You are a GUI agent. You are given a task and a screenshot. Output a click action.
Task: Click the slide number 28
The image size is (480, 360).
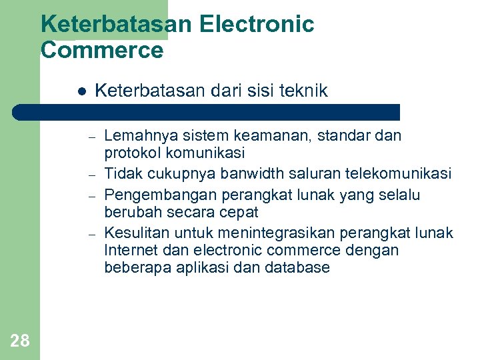point(20,341)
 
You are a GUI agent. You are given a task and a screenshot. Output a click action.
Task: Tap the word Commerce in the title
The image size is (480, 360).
point(102,50)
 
